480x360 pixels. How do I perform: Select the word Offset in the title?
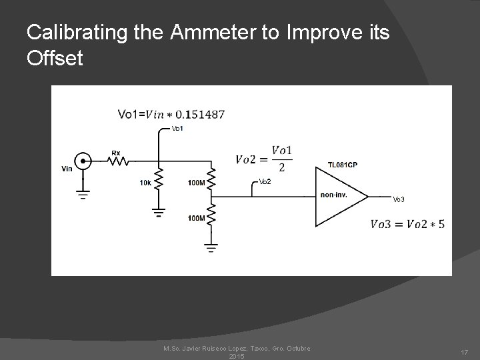55,58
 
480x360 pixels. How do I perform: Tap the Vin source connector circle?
83,160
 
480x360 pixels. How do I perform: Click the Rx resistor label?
115,153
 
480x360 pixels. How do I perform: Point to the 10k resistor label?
144,182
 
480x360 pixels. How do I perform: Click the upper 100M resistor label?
197,182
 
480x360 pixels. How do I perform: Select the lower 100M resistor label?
197,218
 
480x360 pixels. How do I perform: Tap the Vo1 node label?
177,128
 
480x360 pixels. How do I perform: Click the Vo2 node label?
264,181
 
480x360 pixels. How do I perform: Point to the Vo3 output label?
398,199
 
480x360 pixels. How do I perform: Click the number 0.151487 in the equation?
198,114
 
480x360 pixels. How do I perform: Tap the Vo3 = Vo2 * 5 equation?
407,223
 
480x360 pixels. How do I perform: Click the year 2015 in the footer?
237,357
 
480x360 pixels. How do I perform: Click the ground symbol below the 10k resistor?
158,213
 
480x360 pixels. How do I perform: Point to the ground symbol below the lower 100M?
211,249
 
